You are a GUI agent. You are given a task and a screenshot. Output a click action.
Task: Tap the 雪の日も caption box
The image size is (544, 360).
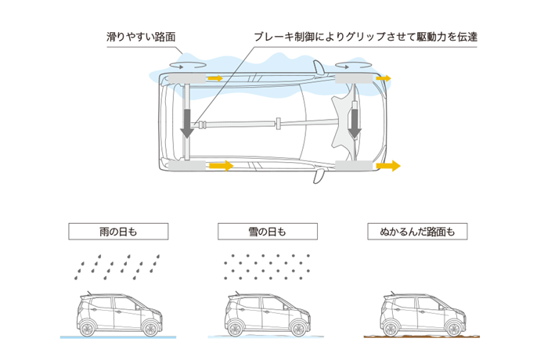(266, 231)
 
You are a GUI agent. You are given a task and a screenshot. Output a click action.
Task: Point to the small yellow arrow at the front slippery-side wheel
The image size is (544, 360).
(383, 79)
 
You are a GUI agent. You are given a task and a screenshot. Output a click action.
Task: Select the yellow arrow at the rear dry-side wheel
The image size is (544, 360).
(221, 166)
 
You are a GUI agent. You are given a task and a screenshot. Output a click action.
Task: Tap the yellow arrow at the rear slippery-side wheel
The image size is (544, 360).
(214, 79)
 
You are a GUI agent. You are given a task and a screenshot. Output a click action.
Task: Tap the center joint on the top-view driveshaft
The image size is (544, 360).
(277, 124)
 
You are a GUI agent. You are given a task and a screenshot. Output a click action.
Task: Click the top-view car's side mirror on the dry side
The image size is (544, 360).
(319, 176)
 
